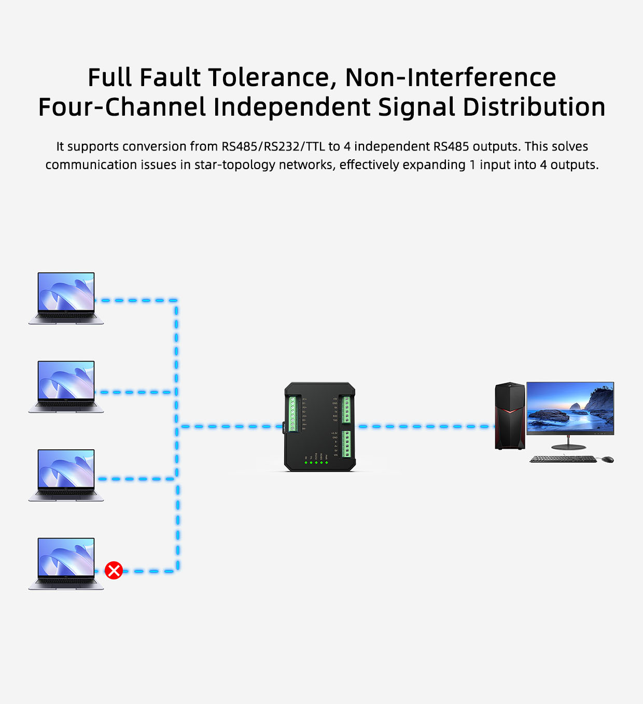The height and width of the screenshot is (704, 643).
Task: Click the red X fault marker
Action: (114, 571)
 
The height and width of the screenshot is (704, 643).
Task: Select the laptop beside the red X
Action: (66, 563)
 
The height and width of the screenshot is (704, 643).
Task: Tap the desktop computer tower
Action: (510, 416)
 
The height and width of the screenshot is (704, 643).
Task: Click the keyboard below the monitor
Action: (563, 459)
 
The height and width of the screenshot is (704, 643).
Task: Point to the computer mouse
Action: (608, 460)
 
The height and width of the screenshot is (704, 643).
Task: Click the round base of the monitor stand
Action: (568, 447)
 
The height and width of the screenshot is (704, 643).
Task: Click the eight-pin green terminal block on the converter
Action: (292, 414)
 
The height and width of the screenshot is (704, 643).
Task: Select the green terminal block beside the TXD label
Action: (346, 409)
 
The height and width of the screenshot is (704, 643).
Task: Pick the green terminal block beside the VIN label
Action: (346, 444)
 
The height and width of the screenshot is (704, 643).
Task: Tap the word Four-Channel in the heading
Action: (122, 107)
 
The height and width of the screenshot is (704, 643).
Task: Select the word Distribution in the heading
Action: (534, 107)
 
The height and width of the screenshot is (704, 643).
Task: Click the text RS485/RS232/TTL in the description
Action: (273, 147)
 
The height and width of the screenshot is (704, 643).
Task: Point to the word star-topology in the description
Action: (235, 165)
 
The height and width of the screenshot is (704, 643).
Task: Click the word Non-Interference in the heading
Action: (450, 78)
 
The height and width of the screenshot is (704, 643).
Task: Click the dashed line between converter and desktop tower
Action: (425, 426)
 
